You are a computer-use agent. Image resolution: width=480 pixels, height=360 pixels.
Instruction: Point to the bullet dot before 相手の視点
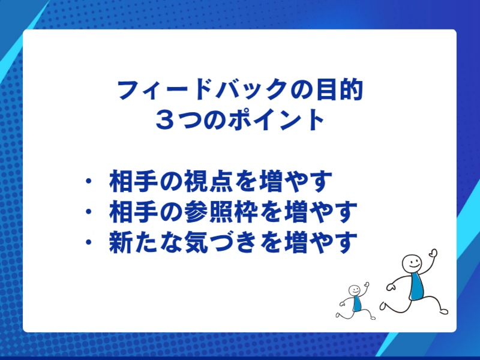(89, 180)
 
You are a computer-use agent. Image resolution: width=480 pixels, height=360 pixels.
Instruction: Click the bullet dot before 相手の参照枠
(89, 212)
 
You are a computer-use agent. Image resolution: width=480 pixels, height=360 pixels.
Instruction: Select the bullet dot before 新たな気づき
(89, 244)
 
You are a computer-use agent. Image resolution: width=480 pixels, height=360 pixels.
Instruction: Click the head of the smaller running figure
(355, 290)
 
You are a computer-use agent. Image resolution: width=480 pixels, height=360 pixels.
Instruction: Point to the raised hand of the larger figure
(433, 254)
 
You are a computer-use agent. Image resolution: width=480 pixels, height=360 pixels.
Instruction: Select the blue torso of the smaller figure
(357, 304)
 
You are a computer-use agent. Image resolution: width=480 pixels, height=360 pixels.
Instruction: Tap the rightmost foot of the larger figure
(443, 310)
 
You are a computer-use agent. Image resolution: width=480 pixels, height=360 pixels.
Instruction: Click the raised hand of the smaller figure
(367, 284)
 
